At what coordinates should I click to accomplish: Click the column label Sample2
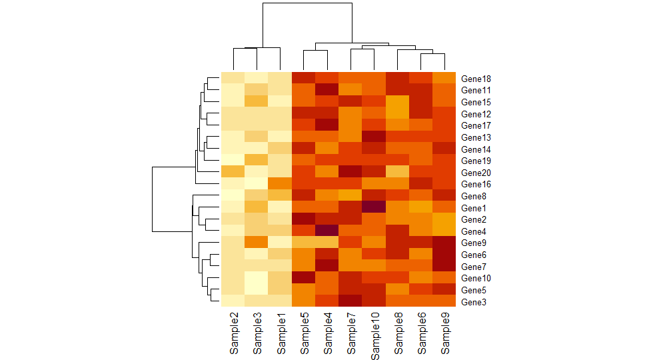click(233, 333)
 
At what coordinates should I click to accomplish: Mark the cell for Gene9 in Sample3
click(257, 243)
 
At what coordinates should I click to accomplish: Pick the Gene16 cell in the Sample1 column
click(280, 184)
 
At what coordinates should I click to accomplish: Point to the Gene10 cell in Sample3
click(257, 278)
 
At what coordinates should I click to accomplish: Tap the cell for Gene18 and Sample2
click(233, 79)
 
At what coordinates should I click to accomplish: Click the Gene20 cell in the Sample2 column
click(233, 172)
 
